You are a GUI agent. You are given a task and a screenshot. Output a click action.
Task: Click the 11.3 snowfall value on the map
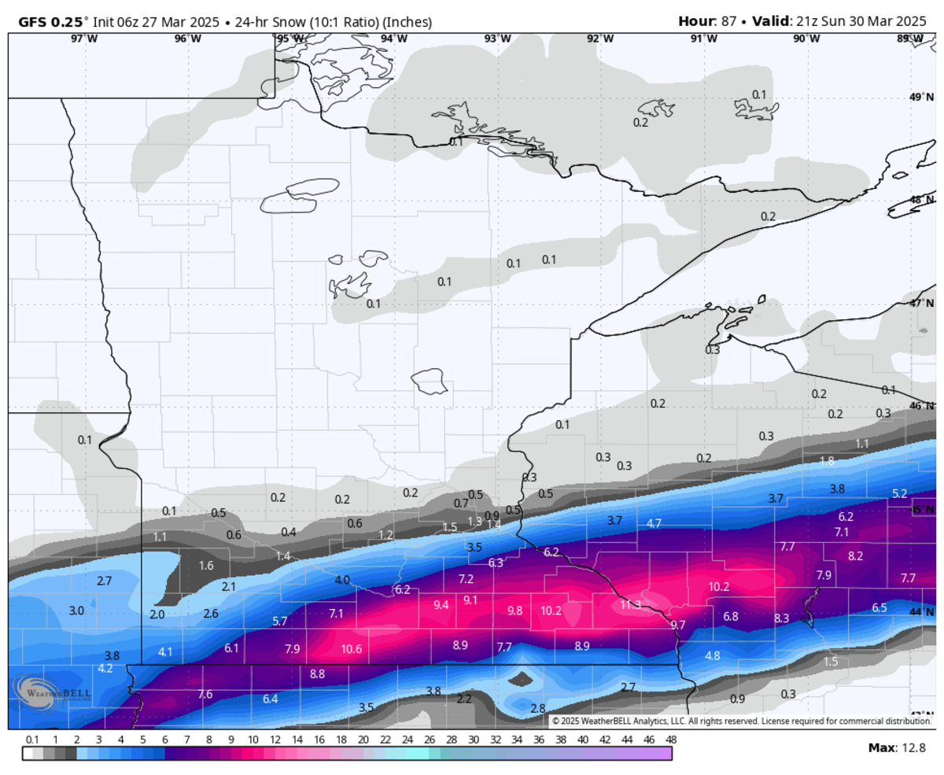click(x=630, y=604)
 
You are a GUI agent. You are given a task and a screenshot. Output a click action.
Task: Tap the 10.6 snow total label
click(x=352, y=649)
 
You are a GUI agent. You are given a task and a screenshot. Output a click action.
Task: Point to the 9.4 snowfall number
click(x=441, y=604)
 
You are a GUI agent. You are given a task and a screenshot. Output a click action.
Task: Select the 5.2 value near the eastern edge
click(x=900, y=493)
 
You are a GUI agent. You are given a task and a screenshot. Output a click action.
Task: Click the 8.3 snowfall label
click(x=781, y=618)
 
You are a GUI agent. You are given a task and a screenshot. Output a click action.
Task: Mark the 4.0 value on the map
click(x=342, y=580)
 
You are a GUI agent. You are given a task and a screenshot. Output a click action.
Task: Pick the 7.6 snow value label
click(x=205, y=694)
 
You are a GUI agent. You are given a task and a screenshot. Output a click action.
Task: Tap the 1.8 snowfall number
click(x=827, y=461)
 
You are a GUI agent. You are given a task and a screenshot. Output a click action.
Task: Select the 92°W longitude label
click(x=599, y=39)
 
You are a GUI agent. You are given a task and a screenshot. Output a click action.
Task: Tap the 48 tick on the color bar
click(x=670, y=740)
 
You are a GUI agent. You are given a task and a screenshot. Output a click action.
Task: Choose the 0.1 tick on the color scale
click(x=32, y=740)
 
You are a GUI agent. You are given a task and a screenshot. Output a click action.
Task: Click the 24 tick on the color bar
click(x=407, y=740)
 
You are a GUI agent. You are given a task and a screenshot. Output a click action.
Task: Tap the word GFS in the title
click(x=28, y=21)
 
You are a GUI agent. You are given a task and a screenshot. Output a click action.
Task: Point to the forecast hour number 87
click(x=728, y=21)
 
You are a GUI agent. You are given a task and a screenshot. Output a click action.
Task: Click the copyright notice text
click(x=740, y=721)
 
